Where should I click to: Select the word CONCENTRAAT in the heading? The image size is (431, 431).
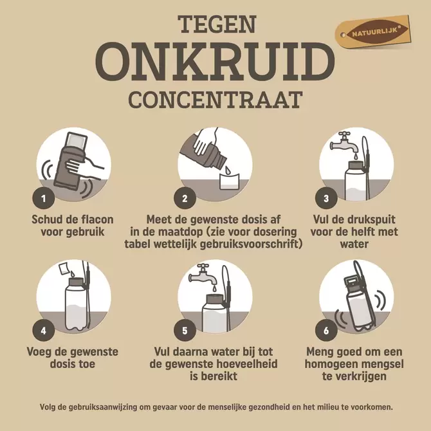click(x=215, y=100)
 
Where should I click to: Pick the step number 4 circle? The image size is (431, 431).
click(x=43, y=331)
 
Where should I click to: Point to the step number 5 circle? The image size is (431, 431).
click(x=185, y=331)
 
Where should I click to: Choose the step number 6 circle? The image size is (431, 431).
click(x=326, y=331)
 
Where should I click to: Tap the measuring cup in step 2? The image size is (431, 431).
click(x=228, y=179)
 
